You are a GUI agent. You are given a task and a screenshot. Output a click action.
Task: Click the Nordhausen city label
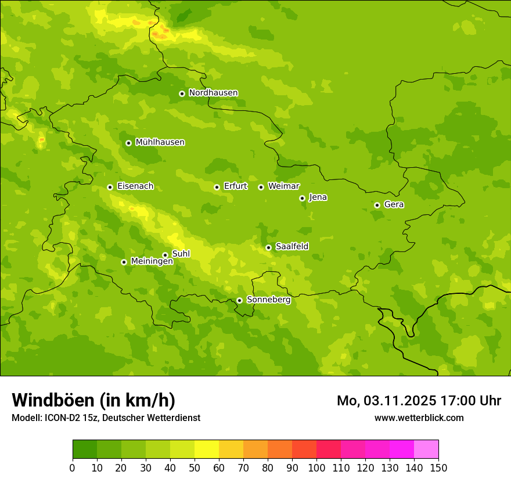pos(213,93)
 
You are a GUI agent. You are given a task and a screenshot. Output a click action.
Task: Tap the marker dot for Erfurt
pos(217,187)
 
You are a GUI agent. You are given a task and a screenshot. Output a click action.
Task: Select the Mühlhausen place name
pos(160,142)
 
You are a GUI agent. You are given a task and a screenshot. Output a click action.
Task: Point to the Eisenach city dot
pos(110,187)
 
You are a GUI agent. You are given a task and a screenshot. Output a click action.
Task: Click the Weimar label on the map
pos(283,186)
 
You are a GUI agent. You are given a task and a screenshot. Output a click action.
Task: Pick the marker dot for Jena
pos(302,198)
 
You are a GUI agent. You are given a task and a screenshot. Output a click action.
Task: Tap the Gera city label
pos(394,204)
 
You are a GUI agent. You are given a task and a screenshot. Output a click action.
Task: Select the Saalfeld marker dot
pos(268,247)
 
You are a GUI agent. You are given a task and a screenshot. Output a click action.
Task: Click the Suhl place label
pos(181,254)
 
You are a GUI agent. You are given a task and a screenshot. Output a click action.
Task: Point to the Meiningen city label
pos(152,261)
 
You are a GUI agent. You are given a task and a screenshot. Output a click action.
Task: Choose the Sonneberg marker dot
pos(239,300)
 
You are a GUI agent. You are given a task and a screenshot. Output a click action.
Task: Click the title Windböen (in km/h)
pos(93,400)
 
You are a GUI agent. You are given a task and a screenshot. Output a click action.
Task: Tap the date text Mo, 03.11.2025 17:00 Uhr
pos(419,401)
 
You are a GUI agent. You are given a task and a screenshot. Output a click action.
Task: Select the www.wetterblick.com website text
pos(419,418)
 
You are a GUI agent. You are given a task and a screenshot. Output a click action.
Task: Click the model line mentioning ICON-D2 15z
pos(106,418)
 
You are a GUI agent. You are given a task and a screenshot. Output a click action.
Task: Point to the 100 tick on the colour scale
pos(316,467)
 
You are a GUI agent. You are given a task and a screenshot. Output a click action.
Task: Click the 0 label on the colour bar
pos(73,467)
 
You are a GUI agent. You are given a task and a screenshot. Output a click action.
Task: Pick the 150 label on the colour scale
pos(438,467)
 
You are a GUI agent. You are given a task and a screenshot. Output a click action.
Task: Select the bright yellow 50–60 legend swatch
pos(207,449)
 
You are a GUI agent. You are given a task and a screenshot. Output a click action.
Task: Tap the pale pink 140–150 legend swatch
pos(426,449)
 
